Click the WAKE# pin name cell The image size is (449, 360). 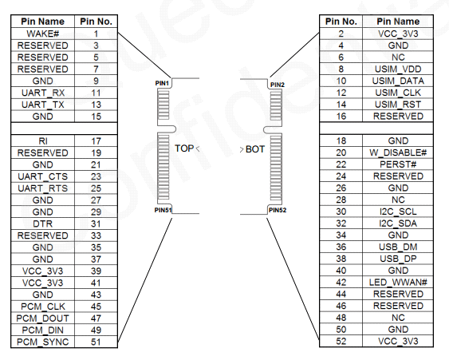click(42, 34)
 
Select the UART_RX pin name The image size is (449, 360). click(43, 93)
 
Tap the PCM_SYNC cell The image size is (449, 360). click(42, 342)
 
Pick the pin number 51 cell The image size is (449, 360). click(96, 342)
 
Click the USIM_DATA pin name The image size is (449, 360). click(398, 81)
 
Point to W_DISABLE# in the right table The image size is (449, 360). click(398, 152)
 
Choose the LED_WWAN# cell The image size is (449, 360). click(398, 283)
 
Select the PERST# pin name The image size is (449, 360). click(398, 164)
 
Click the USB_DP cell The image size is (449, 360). click(398, 259)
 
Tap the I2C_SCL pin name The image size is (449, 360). click(398, 212)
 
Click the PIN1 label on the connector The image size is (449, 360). click(162, 83)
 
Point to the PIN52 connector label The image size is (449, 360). click(278, 210)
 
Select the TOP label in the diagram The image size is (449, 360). click(184, 148)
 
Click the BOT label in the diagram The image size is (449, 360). click(255, 149)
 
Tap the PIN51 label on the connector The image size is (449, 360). click(163, 210)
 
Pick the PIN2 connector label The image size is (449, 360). click(278, 85)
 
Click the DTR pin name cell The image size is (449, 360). click(42, 224)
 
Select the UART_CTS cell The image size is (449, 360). click(42, 176)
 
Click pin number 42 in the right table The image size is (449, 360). click(341, 283)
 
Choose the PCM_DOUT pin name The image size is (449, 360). click(42, 318)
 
